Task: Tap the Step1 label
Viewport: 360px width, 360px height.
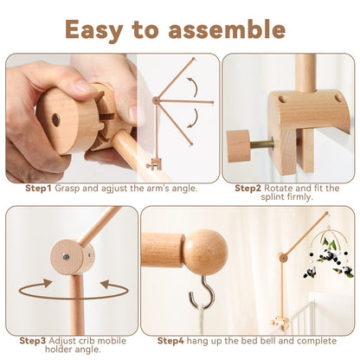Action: (38, 188)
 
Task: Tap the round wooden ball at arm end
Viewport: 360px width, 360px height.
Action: (205, 252)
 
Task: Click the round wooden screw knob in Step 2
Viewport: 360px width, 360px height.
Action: (238, 145)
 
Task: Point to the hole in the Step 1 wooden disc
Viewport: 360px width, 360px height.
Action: (55, 119)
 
